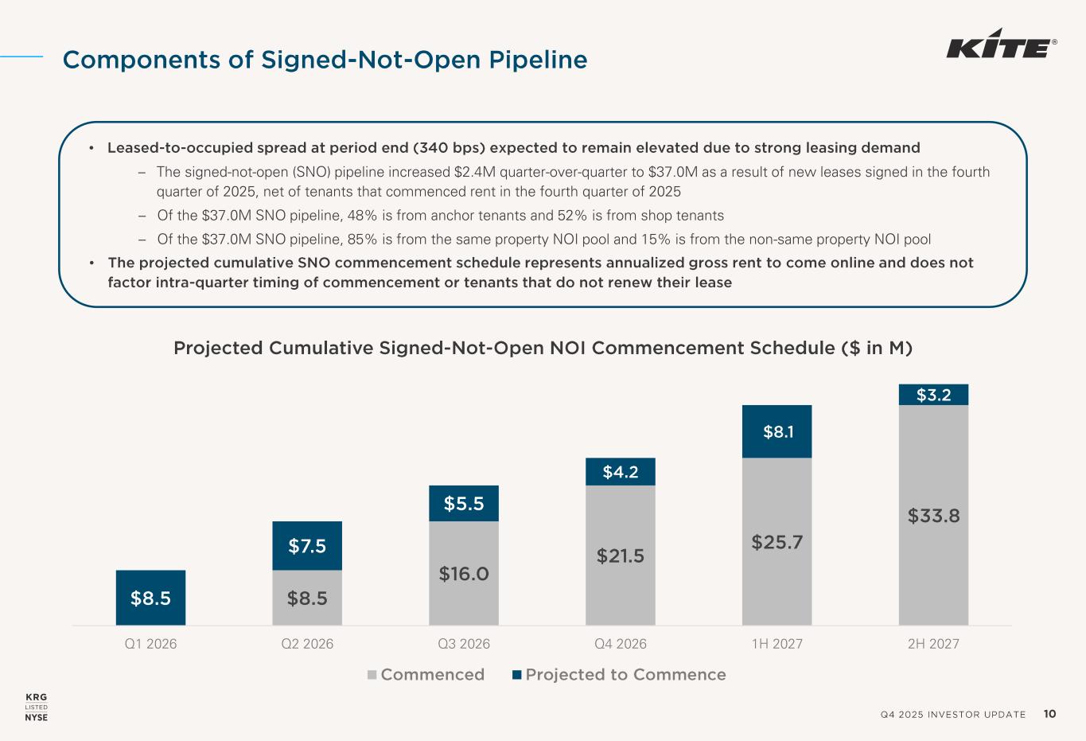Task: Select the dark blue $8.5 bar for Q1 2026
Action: tap(150, 598)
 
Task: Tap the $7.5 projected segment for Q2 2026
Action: tap(307, 546)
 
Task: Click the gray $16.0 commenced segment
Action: tap(464, 573)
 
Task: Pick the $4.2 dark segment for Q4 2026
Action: tap(621, 472)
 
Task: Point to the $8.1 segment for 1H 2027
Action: tap(777, 431)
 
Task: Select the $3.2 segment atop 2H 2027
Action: tap(933, 395)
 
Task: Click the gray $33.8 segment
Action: tap(933, 516)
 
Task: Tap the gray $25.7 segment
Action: tap(777, 543)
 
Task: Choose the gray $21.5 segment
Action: tap(621, 556)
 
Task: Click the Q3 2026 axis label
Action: tap(464, 644)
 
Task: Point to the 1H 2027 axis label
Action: tap(777, 644)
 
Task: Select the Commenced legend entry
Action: tap(426, 675)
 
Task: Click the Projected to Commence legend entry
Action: tap(619, 675)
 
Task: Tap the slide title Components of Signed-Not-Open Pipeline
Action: tap(325, 60)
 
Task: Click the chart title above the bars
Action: tap(543, 349)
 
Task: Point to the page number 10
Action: tap(1049, 714)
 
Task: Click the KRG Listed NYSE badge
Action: tap(37, 707)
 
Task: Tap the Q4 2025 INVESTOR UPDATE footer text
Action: tap(953, 715)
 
